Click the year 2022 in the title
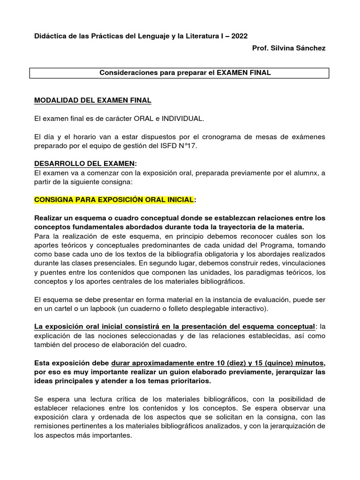[x=240, y=36]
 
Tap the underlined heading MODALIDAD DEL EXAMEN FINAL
[x=93, y=101]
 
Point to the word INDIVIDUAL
[x=183, y=119]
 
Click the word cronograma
[x=209, y=136]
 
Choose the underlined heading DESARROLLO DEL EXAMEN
[x=84, y=164]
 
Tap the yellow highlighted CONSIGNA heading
[x=113, y=200]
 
